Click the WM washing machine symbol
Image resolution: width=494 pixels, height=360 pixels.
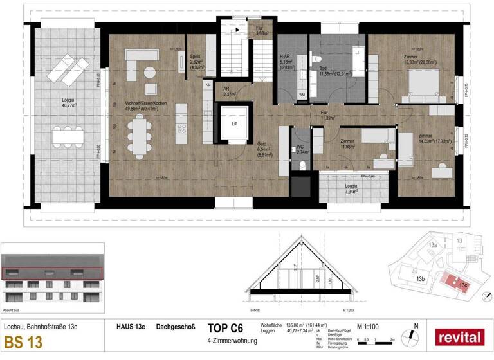(x=302, y=95)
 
